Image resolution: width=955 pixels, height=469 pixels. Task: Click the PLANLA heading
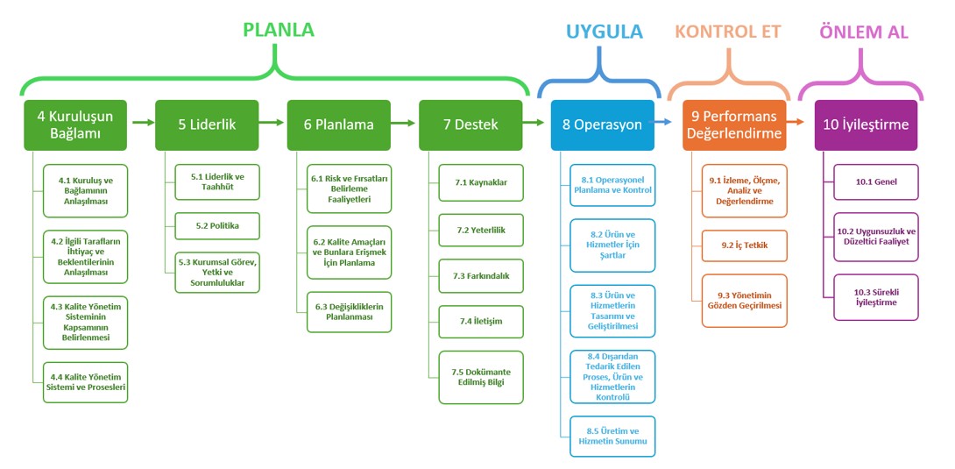point(278,30)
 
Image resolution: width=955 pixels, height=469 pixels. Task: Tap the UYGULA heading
point(604,32)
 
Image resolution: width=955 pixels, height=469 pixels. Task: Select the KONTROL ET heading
point(727,32)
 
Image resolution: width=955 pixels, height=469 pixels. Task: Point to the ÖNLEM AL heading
point(863,32)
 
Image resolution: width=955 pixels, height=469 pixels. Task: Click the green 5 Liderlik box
point(207,124)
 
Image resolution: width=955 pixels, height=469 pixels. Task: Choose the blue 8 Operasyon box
point(603,124)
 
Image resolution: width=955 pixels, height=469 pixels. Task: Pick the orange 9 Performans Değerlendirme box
point(734,124)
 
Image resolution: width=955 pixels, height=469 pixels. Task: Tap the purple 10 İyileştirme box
point(866,124)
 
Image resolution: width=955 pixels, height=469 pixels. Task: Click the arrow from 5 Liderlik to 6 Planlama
point(272,124)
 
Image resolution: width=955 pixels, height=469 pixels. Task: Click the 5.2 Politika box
point(217,225)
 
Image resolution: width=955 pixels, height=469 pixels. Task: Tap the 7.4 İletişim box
point(481,321)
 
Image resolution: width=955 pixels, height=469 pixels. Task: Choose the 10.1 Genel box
point(875,182)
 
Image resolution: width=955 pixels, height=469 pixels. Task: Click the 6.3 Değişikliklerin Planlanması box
point(349,312)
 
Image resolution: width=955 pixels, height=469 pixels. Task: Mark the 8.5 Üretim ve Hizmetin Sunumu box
point(612,437)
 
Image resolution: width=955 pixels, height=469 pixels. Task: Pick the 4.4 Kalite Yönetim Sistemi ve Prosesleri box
point(86,382)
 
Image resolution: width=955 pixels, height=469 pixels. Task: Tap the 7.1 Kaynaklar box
point(481,182)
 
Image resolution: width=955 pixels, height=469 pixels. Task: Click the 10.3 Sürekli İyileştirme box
point(875,297)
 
